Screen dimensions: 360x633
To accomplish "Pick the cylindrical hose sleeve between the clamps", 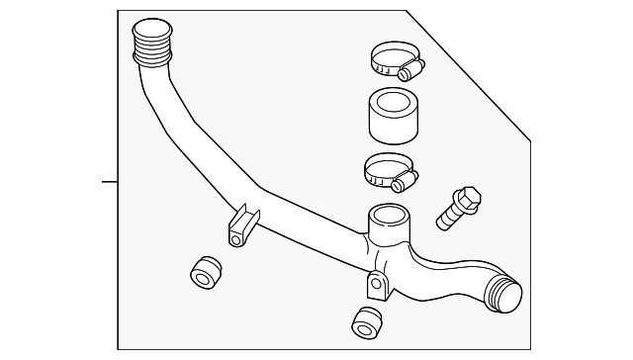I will [x=394, y=117].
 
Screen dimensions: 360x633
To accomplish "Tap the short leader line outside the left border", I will [x=110, y=181].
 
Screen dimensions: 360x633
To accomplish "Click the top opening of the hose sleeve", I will [x=394, y=100].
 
